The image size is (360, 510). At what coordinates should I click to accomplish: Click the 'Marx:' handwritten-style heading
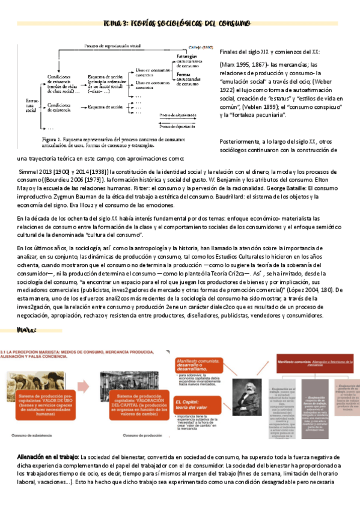[x=29, y=330]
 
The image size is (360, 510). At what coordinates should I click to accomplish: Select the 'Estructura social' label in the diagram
[x=31, y=103]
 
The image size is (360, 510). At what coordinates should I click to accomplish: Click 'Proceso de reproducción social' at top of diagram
[x=112, y=46]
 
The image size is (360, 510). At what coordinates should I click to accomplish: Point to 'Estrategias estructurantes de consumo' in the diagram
[x=191, y=61]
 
